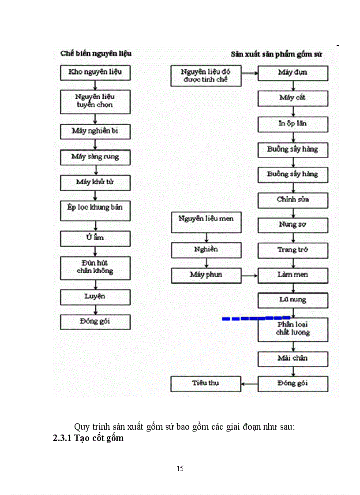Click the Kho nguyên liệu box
(95, 73)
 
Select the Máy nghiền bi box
(95, 131)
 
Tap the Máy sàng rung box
(95, 157)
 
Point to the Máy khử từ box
(95, 182)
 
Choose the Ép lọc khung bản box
(95, 210)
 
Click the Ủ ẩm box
(95, 238)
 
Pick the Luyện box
(95, 297)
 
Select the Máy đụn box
(293, 73)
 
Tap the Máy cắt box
(293, 98)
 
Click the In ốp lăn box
(293, 124)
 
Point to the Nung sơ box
(293, 225)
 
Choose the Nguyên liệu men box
(206, 221)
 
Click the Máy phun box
(206, 276)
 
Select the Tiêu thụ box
(206, 383)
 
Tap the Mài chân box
(293, 359)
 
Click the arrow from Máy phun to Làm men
(250, 276)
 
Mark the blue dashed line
(256, 318)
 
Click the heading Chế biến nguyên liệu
(96, 54)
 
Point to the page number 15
(180, 469)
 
